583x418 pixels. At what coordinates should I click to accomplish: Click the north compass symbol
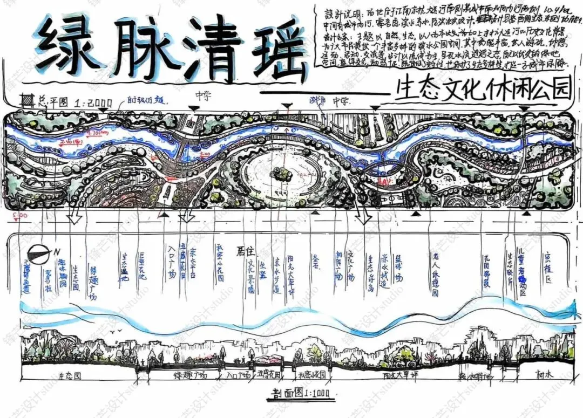coord(39,251)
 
